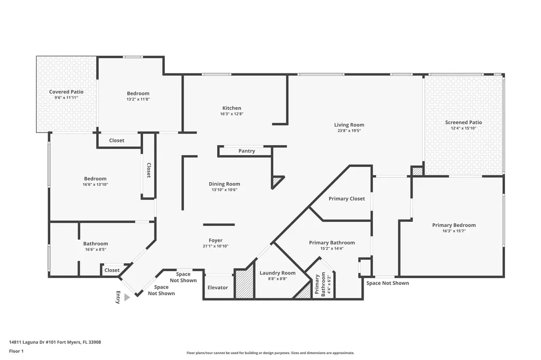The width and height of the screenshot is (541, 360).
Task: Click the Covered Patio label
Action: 66,92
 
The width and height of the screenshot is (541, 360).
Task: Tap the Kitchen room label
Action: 231,108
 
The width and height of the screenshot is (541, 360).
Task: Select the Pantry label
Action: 246,151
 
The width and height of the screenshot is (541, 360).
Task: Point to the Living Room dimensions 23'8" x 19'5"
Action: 349,131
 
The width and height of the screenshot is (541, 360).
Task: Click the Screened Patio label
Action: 463,122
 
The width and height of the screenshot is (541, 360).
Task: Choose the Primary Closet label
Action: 346,198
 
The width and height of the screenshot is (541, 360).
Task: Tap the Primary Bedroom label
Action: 453,225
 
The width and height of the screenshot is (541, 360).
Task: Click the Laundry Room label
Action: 277,273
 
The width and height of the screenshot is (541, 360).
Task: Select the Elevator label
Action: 218,288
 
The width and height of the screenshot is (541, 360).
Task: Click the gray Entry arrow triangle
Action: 126,298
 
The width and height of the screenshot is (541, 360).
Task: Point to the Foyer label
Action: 216,240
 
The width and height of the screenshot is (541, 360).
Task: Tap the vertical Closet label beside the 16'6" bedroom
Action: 148,170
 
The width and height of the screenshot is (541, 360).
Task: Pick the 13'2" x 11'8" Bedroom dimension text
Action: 138,99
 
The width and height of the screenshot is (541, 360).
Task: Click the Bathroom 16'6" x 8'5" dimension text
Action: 95,250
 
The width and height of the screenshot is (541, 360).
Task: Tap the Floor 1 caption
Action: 17,350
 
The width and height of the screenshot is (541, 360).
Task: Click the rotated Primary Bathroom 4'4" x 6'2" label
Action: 322,285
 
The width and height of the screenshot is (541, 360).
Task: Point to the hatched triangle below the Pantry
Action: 277,182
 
